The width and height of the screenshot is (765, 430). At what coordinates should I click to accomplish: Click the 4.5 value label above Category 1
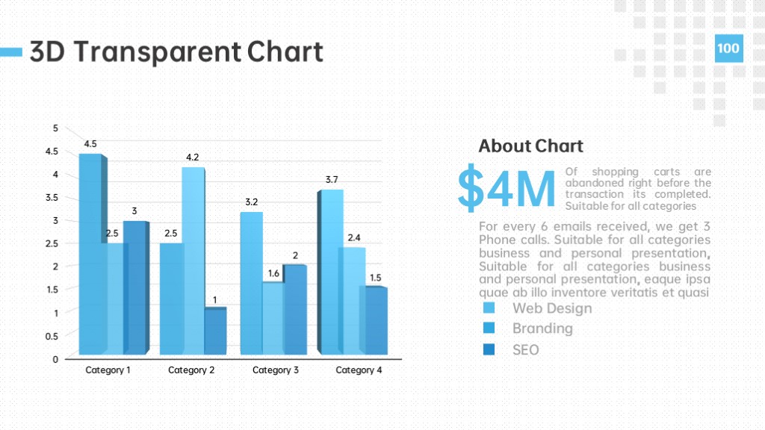90,144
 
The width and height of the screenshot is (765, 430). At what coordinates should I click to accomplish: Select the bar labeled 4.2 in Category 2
193,261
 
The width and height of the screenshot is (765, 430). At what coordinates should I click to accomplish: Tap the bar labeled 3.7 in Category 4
332,272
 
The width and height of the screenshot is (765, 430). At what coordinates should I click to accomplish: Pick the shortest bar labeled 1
215,331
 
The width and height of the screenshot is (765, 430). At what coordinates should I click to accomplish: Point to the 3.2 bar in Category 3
251,283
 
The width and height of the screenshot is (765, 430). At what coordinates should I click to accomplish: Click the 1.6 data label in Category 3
273,273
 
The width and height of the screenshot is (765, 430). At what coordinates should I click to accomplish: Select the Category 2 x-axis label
191,370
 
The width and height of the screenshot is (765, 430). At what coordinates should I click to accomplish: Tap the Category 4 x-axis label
359,370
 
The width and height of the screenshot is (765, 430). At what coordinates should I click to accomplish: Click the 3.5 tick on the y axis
52,197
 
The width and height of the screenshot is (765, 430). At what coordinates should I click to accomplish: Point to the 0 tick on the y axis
55,359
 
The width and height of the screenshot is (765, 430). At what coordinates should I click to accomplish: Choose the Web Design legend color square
489,308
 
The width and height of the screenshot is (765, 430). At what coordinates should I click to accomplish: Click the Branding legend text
542,328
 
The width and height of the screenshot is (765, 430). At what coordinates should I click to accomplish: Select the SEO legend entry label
525,350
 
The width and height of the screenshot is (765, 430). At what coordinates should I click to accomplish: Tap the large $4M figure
507,187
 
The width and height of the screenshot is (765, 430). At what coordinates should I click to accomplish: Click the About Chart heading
531,146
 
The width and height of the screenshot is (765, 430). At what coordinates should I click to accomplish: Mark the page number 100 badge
729,49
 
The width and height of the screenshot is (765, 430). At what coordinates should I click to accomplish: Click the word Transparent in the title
158,52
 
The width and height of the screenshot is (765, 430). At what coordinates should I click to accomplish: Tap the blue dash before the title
11,52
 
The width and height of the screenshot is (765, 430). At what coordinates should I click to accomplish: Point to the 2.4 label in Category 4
354,238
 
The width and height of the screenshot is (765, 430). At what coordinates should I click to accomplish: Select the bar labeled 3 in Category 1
136,287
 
